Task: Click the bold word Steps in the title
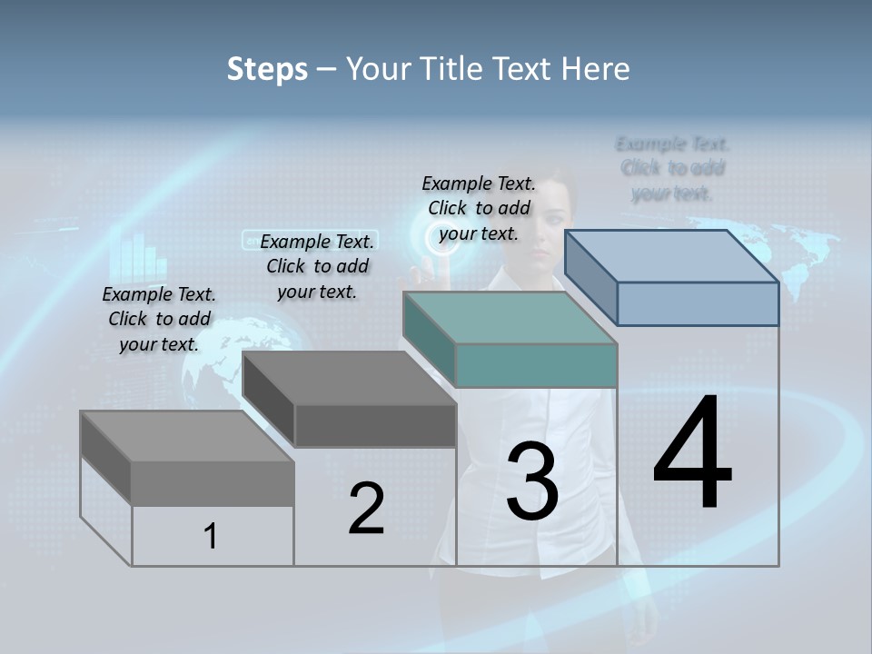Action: [267, 69]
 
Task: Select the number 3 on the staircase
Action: [532, 482]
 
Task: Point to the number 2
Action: [366, 509]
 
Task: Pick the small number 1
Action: [210, 537]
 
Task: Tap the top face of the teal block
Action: [510, 318]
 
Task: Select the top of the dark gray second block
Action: [350, 378]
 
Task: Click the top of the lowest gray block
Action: [187, 437]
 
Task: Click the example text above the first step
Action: [159, 319]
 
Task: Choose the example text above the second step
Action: [317, 266]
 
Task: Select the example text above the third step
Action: [479, 208]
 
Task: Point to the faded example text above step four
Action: [672, 168]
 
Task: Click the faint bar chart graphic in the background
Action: [139, 258]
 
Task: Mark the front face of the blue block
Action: [698, 303]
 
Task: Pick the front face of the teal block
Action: [536, 366]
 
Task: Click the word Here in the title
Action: [596, 69]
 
